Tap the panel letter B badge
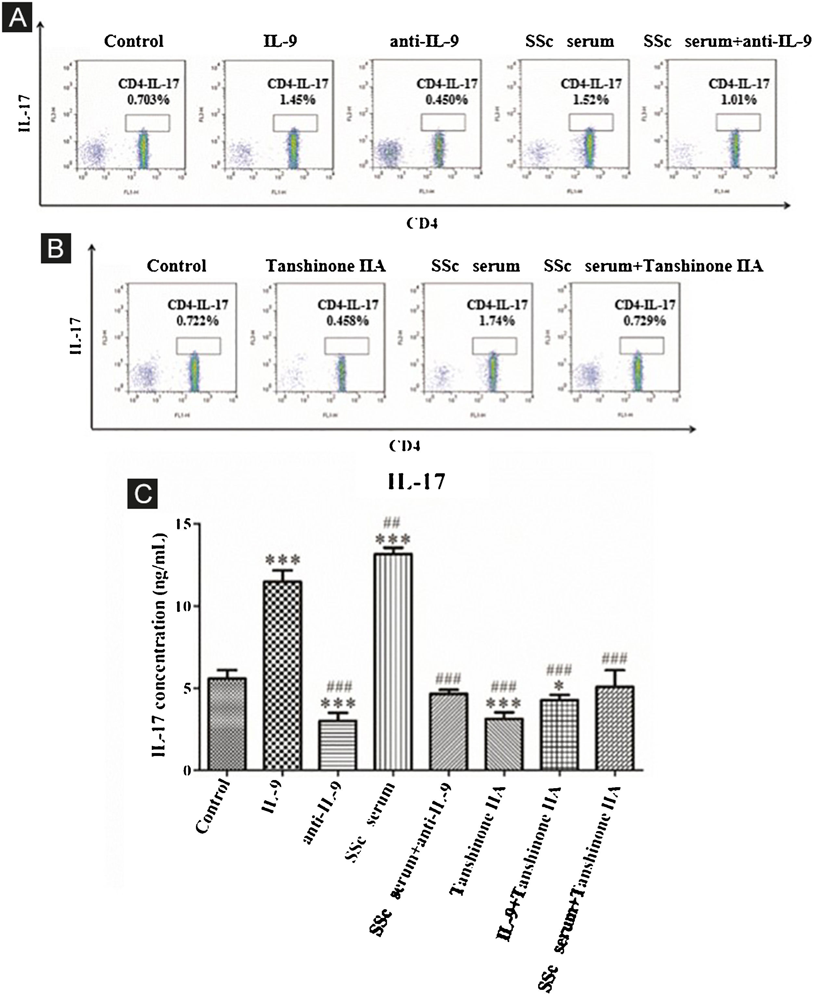56,248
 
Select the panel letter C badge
143,494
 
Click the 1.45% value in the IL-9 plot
298,100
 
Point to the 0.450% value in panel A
446,100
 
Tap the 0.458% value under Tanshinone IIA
347,321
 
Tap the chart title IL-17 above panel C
416,482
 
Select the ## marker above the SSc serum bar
392,522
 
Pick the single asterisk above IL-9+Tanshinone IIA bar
559,685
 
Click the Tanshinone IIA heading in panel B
326,266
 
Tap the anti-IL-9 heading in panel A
424,41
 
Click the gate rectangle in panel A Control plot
148,123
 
